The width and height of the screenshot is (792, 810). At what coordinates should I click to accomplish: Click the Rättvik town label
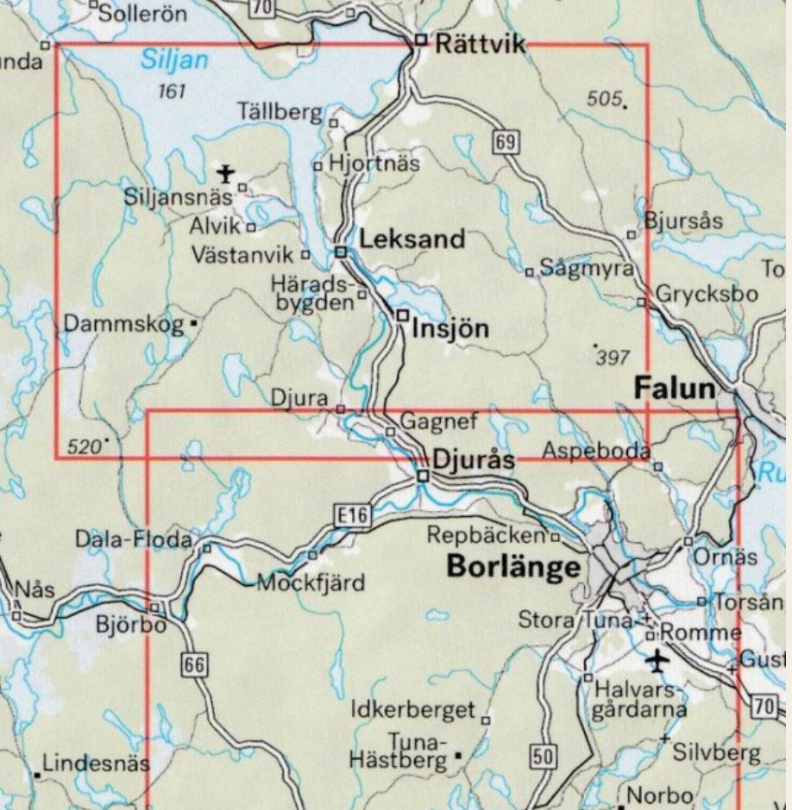click(480, 45)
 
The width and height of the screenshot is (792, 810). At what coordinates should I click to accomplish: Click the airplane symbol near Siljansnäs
click(226, 173)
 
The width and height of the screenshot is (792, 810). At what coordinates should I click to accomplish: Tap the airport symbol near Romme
click(658, 661)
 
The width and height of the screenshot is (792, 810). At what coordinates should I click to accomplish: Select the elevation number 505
click(603, 99)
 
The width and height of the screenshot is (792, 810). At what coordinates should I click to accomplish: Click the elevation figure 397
click(613, 356)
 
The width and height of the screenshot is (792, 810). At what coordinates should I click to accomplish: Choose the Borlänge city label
click(512, 568)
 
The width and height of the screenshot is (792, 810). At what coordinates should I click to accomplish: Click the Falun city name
click(675, 389)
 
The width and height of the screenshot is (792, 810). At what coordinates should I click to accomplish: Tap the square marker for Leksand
click(341, 252)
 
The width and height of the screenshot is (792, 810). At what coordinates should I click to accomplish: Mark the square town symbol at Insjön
click(402, 316)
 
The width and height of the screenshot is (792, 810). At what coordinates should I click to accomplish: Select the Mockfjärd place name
click(311, 583)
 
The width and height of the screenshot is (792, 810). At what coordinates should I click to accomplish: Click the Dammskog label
click(123, 324)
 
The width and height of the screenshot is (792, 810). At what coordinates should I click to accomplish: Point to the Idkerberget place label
click(414, 710)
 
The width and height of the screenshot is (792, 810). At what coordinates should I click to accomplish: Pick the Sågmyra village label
click(586, 268)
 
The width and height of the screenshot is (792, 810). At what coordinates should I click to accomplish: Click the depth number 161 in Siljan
click(173, 90)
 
